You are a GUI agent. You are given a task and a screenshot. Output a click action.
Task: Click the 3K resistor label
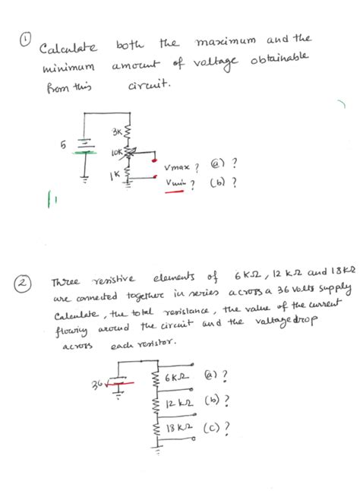tap(117, 133)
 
